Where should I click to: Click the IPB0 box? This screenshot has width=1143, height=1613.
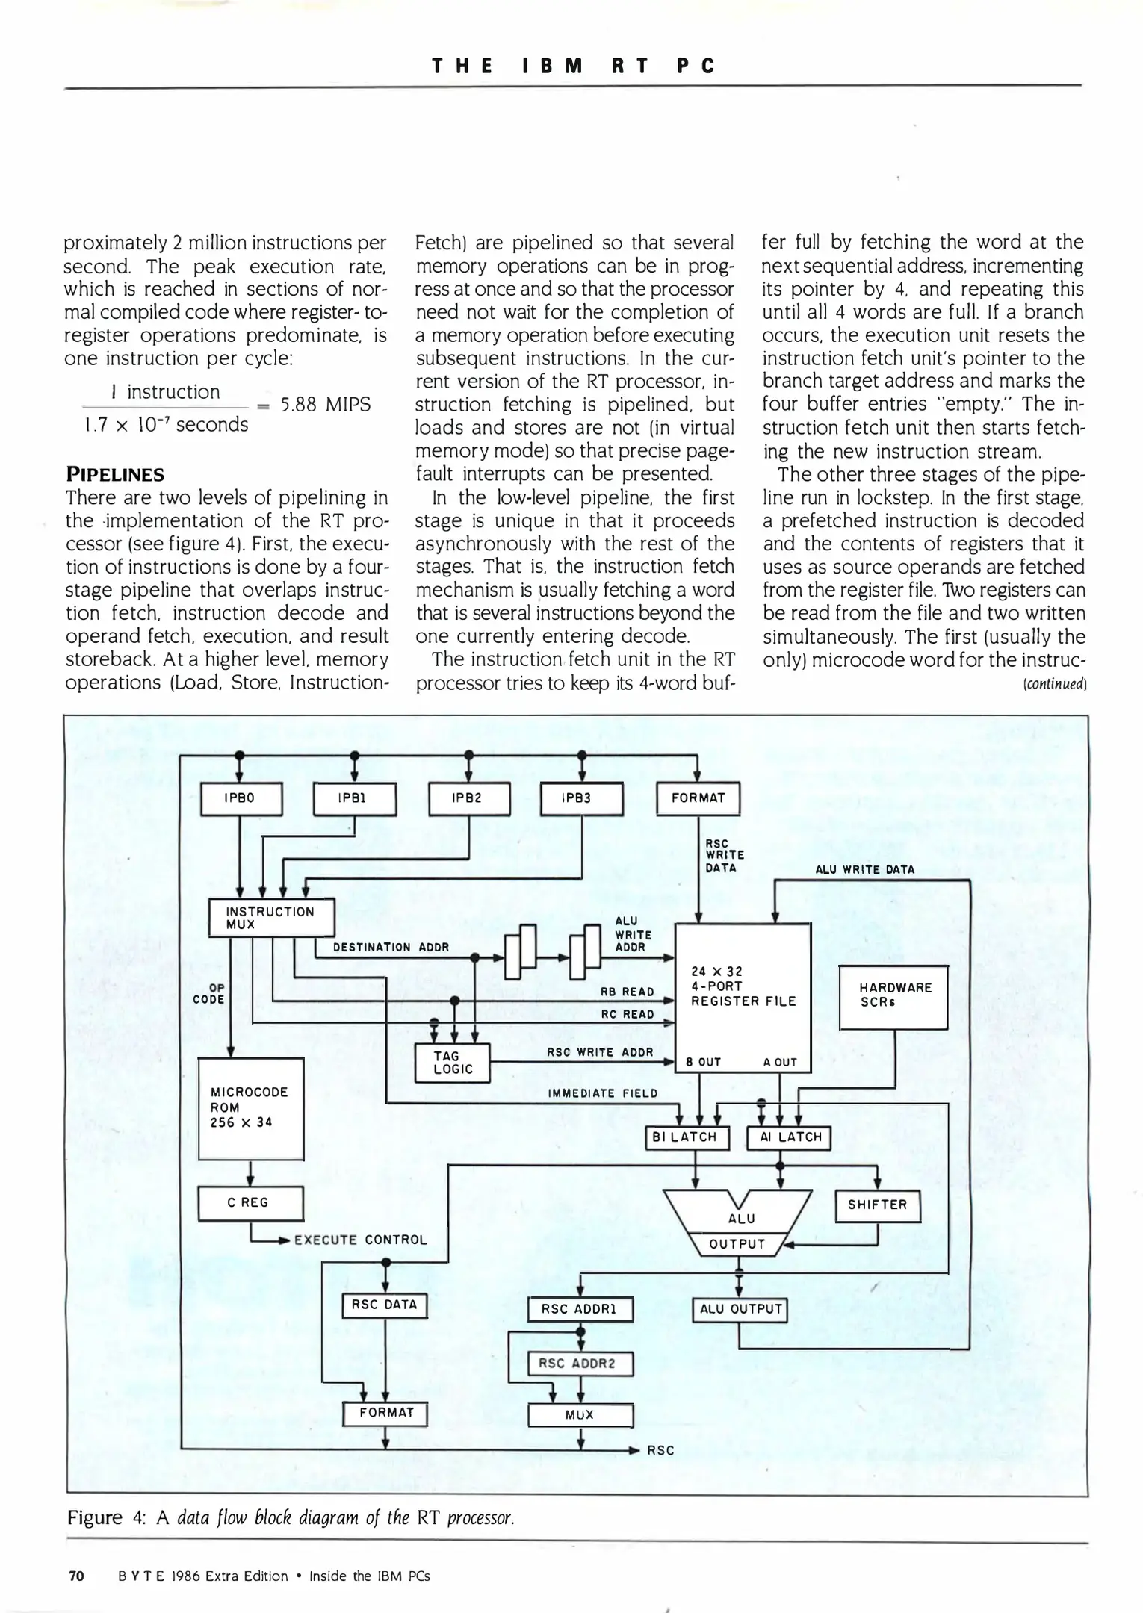pyautogui.click(x=241, y=798)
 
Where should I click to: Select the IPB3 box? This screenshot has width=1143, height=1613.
pyautogui.click(x=580, y=798)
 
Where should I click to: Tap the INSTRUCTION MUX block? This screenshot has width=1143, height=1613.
pyautogui.click(x=271, y=917)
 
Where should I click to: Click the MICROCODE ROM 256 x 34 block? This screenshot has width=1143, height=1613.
pyautogui.click(x=251, y=1108)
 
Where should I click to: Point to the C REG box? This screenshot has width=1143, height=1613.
pyautogui.click(x=250, y=1203)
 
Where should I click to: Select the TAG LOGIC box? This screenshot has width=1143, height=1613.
pyautogui.click(x=453, y=1062)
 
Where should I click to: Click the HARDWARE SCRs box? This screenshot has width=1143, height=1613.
pyautogui.click(x=893, y=997)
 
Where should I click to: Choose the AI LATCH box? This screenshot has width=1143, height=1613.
pyautogui.click(x=789, y=1137)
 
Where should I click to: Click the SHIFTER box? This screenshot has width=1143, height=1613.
pyautogui.click(x=877, y=1205)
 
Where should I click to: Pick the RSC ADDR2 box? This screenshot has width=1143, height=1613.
pyautogui.click(x=580, y=1363)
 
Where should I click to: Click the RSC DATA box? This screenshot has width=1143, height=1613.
pyautogui.click(x=384, y=1305)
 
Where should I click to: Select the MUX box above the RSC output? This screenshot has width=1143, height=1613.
pyautogui.click(x=580, y=1414)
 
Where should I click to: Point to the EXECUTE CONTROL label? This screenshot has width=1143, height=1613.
pyautogui.click(x=360, y=1240)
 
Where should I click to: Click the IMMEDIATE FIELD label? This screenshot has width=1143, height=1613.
pyautogui.click(x=602, y=1093)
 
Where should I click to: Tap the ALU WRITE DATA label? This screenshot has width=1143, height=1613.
pyautogui.click(x=864, y=869)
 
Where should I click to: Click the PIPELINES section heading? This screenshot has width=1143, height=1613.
pyautogui.click(x=115, y=474)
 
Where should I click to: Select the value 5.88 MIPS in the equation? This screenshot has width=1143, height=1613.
pyautogui.click(x=325, y=405)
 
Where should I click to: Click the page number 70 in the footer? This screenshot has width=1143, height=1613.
pyautogui.click(x=76, y=1576)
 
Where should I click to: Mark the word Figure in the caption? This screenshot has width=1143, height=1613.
pyautogui.click(x=94, y=1517)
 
